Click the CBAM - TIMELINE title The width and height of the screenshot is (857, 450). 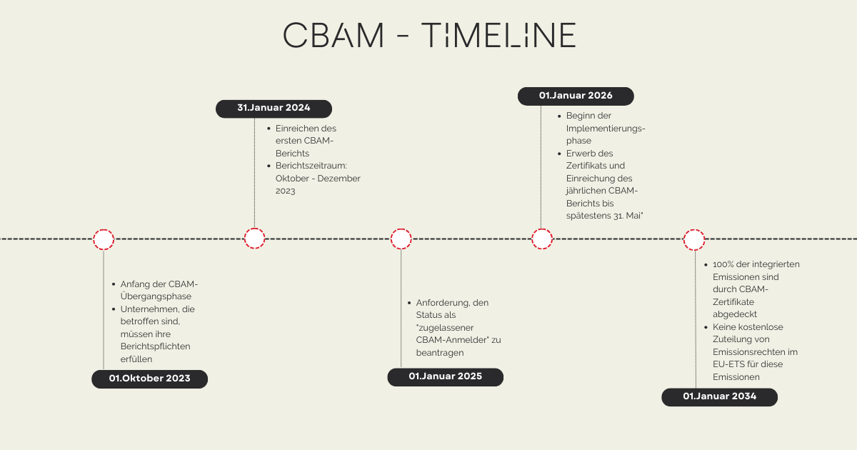429,35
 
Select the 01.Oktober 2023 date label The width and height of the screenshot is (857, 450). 149,379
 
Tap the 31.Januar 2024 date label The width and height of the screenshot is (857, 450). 274,109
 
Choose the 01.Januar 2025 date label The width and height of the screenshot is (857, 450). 445,376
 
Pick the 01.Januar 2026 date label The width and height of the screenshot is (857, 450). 575,96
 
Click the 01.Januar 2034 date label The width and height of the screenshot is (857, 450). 719,396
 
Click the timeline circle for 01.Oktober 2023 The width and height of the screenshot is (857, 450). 104,239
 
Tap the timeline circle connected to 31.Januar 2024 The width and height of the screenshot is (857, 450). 254,239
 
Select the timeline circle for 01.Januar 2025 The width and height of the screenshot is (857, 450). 401,239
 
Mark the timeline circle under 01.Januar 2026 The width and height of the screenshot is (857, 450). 542,239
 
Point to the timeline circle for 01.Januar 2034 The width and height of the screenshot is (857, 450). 694,239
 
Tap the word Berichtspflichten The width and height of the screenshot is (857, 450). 155,346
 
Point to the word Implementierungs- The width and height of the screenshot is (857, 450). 606,129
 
